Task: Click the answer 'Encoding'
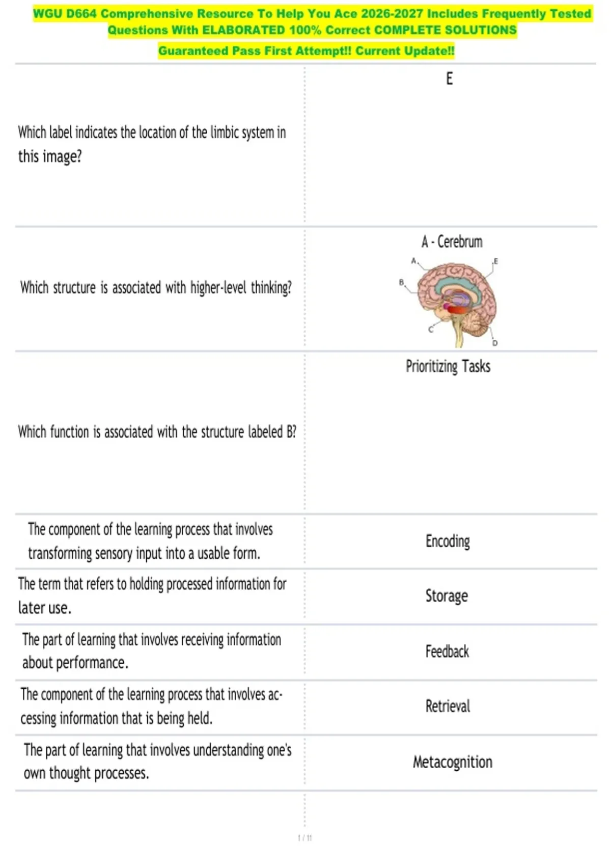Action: pos(448,541)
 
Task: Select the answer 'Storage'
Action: pos(447,596)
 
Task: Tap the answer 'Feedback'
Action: pos(447,652)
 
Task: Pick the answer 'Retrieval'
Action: pos(448,707)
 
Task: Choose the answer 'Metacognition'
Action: pos(452,762)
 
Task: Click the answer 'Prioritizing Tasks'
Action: pos(448,366)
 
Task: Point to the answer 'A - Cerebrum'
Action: pos(452,241)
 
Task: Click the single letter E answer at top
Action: pos(449,79)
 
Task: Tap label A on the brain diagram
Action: pos(413,261)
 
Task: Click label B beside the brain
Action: pos(401,282)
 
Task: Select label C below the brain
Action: pos(431,330)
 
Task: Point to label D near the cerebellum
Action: pos(494,343)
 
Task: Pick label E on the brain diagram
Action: pos(495,261)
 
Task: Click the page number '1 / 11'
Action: pos(304,837)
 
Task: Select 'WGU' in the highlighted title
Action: pos(47,14)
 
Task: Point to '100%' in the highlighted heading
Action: pos(305,30)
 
